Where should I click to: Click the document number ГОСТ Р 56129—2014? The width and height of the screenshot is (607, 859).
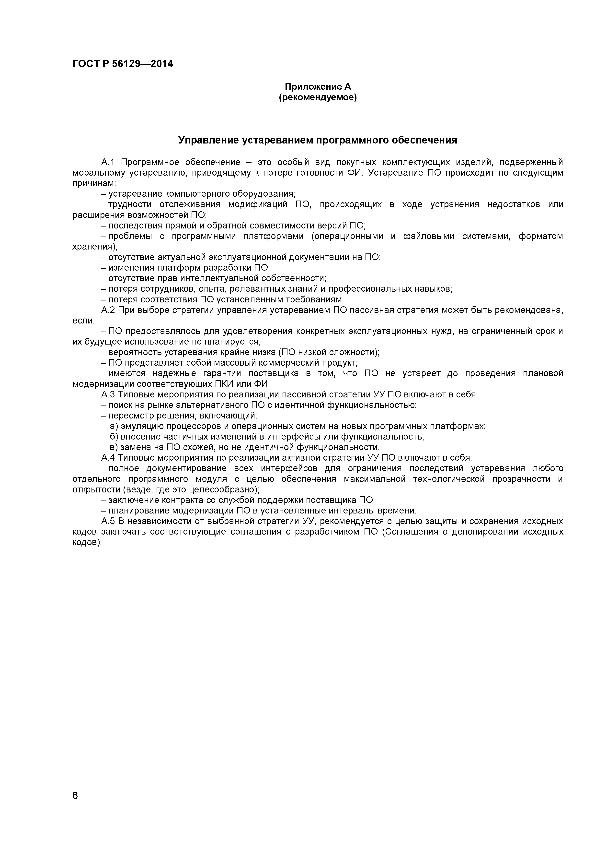point(123,64)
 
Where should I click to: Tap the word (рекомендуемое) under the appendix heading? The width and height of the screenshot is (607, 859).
point(318,98)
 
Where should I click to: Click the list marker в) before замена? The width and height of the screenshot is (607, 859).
point(114,447)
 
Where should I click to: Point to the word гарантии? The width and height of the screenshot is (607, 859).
point(222,373)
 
